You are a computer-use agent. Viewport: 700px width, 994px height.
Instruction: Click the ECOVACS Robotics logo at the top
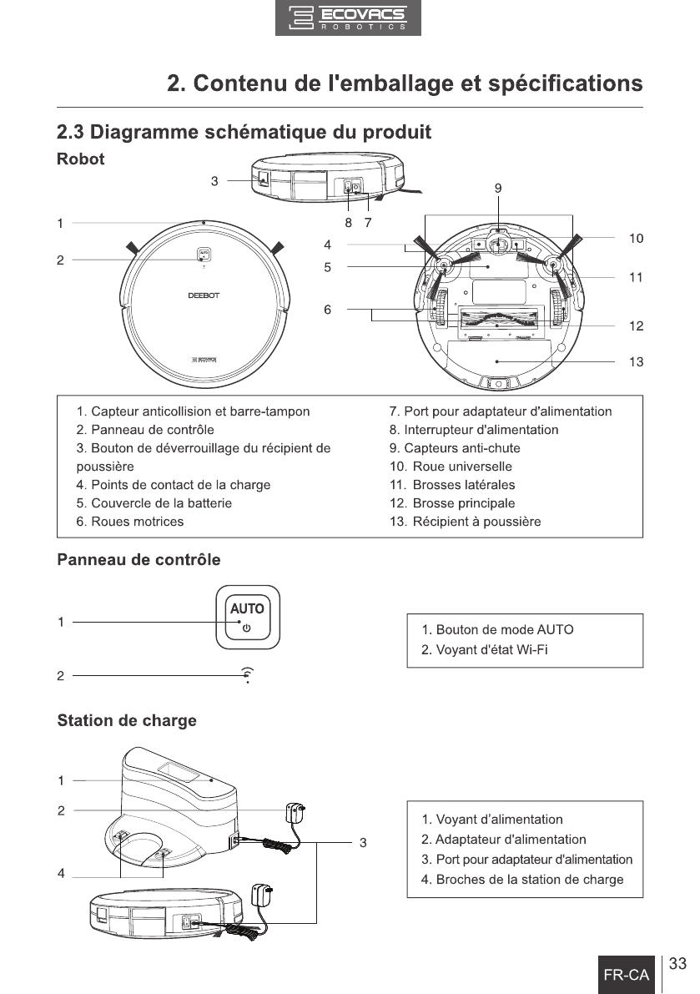[x=348, y=18]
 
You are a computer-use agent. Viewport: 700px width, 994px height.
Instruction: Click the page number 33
[x=677, y=965]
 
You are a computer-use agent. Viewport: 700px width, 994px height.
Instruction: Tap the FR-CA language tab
[x=626, y=975]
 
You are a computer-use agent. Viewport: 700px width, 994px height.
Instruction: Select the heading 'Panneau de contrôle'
[x=138, y=559]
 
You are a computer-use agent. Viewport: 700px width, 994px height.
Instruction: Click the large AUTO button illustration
[x=247, y=618]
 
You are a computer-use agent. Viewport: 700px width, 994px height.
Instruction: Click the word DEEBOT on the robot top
[x=203, y=295]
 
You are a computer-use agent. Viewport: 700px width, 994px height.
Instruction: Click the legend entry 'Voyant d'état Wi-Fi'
[x=485, y=649]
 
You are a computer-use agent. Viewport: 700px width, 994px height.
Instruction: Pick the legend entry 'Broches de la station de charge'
[x=522, y=880]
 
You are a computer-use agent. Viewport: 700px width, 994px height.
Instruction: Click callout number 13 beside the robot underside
[x=636, y=361]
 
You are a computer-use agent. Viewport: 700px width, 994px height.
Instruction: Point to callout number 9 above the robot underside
[x=497, y=189]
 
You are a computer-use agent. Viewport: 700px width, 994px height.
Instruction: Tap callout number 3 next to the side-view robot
[x=214, y=180]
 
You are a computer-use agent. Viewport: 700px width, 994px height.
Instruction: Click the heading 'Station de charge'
[x=127, y=721]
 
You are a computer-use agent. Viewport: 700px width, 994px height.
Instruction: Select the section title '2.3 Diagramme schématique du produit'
[x=244, y=132]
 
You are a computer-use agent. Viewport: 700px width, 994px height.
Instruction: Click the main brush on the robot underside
[x=497, y=318]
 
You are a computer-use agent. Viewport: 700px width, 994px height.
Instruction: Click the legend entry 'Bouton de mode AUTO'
[x=497, y=630]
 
